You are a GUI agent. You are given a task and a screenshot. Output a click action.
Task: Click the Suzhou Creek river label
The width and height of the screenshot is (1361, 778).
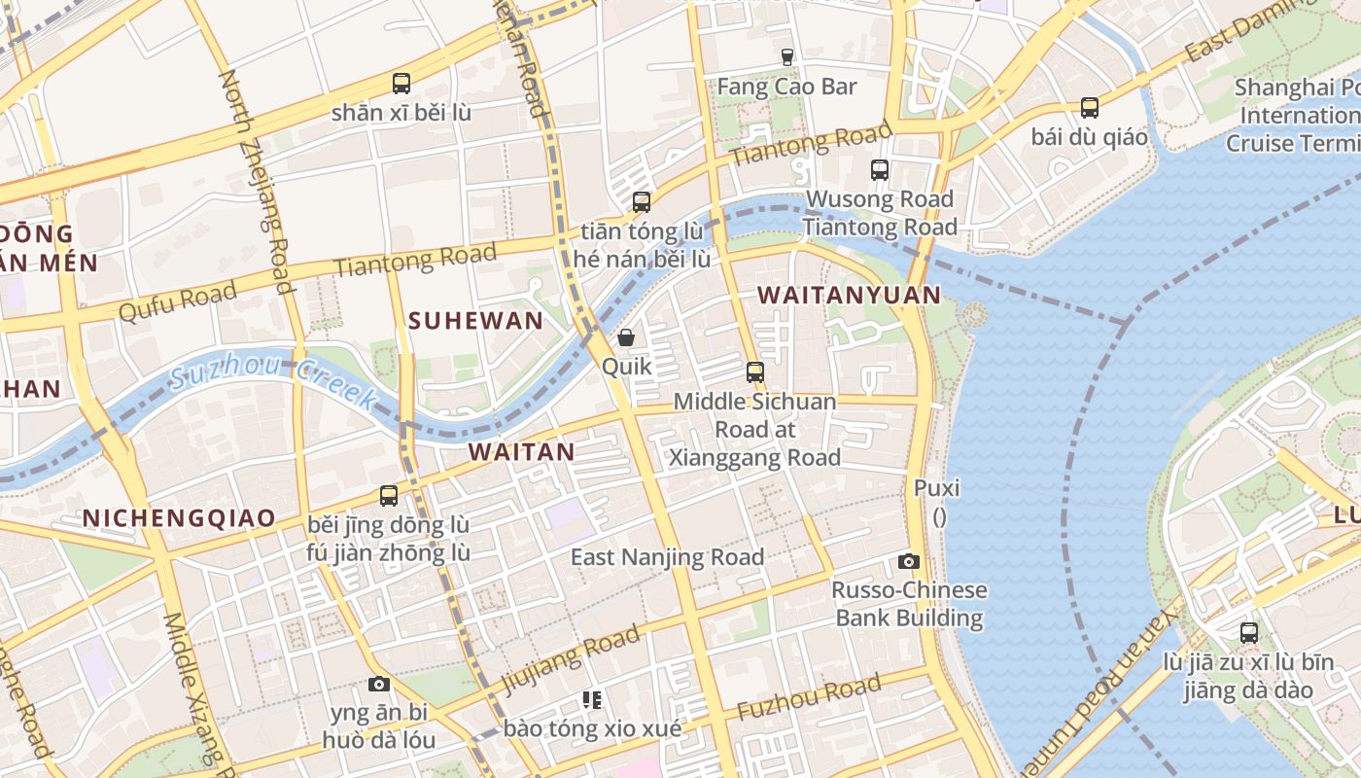(x=273, y=380)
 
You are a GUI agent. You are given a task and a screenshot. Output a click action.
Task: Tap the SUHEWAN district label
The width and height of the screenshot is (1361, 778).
(x=475, y=321)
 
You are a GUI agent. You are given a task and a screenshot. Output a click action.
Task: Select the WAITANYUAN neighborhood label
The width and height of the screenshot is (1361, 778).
(x=849, y=295)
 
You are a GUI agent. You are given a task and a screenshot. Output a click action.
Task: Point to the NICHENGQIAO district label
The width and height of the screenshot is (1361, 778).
(x=179, y=517)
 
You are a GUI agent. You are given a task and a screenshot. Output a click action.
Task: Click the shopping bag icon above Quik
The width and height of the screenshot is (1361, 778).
(x=626, y=337)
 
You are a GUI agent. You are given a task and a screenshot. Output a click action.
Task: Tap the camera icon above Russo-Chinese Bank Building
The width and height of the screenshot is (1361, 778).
(x=909, y=561)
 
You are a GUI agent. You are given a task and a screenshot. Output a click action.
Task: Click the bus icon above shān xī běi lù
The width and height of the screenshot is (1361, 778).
(x=401, y=84)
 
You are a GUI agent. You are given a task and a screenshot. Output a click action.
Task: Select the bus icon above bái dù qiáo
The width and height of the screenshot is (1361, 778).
(x=1090, y=108)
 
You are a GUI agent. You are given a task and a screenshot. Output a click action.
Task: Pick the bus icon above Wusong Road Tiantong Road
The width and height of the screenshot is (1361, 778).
(x=880, y=170)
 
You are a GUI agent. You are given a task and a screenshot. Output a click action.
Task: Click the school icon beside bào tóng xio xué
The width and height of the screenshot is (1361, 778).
(x=592, y=699)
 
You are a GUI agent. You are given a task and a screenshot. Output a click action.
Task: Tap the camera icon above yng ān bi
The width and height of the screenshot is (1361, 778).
(x=379, y=684)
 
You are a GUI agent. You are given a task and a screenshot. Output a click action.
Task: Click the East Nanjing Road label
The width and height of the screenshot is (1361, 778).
(x=667, y=557)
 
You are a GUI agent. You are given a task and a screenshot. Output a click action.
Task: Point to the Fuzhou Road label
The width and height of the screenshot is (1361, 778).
(x=809, y=697)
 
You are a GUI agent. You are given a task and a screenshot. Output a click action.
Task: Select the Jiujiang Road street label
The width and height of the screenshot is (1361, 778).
(x=571, y=660)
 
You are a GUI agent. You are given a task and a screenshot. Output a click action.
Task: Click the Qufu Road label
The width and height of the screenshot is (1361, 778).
(x=177, y=301)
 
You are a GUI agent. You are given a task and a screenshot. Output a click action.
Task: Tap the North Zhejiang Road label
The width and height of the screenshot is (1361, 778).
(x=257, y=181)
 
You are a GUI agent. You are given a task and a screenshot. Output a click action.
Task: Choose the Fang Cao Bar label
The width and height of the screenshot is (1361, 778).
(x=786, y=87)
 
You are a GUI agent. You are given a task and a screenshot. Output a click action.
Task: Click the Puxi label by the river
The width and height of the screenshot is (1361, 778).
(x=937, y=487)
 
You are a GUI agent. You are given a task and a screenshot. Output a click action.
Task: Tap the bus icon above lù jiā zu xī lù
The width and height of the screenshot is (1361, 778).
(x=1249, y=633)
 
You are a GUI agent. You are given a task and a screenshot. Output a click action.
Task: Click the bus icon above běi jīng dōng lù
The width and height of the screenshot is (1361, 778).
(x=389, y=496)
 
